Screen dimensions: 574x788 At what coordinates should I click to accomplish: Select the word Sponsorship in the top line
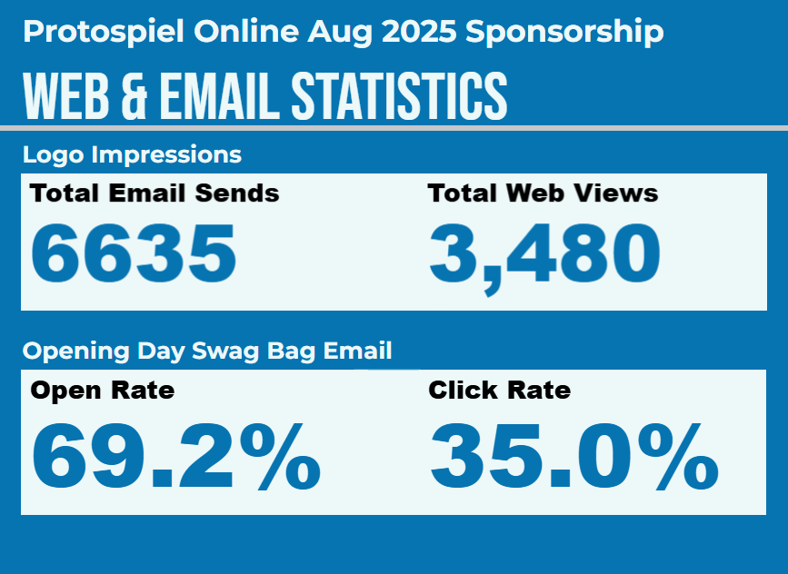tap(564, 33)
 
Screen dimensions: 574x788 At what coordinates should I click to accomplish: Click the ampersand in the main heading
tap(133, 94)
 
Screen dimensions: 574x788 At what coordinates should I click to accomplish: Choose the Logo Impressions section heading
tap(132, 154)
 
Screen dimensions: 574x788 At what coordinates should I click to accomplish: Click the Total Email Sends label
tap(155, 193)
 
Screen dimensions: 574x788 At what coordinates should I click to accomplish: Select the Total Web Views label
tap(543, 193)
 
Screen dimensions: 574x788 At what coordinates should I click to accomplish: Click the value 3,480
tap(544, 253)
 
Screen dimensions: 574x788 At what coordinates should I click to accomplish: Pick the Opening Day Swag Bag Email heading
tap(207, 351)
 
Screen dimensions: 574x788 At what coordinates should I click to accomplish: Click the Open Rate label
tap(102, 391)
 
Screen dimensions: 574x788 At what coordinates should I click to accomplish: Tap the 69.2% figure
tap(176, 457)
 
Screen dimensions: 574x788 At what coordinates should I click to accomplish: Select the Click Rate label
tap(499, 391)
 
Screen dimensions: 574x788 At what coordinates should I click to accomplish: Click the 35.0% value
tap(574, 457)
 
